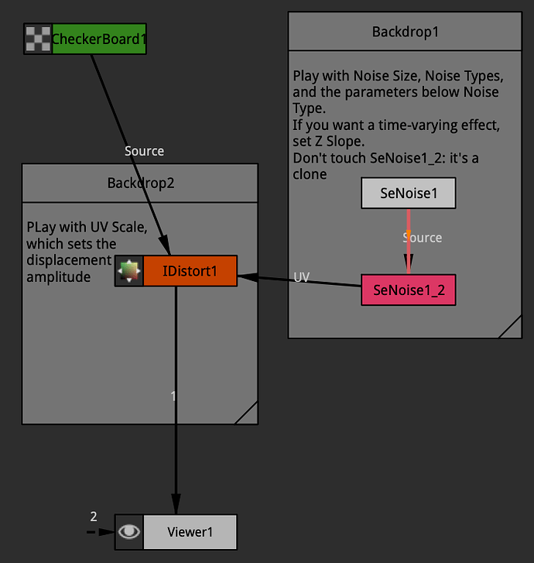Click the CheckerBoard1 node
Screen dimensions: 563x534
click(98, 39)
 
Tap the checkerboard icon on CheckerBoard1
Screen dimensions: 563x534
click(38, 39)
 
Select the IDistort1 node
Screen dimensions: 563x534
click(190, 271)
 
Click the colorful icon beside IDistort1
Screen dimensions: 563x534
click(129, 271)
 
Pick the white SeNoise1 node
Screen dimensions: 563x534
click(408, 194)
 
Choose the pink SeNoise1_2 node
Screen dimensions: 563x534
click(408, 290)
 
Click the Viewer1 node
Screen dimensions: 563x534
click(190, 532)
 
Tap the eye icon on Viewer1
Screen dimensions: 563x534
click(129, 532)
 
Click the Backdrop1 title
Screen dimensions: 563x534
click(406, 33)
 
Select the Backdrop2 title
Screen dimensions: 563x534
click(140, 184)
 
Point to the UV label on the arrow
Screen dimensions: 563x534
click(302, 277)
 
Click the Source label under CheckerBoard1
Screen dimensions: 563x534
click(144, 151)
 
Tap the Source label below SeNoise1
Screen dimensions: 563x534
click(423, 237)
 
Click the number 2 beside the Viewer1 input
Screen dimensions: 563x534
click(94, 517)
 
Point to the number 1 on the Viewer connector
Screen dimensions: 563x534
click(173, 396)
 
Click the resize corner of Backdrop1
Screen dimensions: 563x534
click(512, 328)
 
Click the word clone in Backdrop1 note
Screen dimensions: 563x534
click(310, 174)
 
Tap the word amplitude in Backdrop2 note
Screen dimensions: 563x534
click(56, 276)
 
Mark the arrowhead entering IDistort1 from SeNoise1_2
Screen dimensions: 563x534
click(245, 276)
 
